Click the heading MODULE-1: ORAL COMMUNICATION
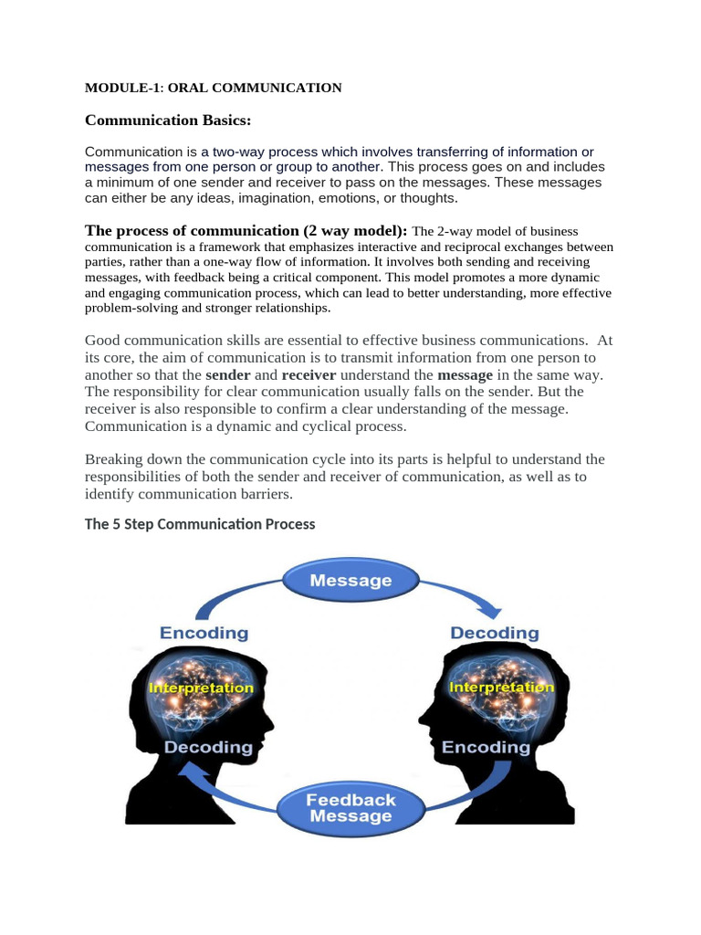213,88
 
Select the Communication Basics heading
167,121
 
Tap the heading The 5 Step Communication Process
200,524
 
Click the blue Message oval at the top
350,580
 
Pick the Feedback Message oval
351,807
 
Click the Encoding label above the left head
204,633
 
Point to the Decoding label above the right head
495,633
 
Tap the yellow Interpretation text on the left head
201,687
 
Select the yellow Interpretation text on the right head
502,687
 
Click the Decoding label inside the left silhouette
208,747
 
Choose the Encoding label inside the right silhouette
486,747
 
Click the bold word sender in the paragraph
228,375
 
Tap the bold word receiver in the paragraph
309,375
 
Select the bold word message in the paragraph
466,375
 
